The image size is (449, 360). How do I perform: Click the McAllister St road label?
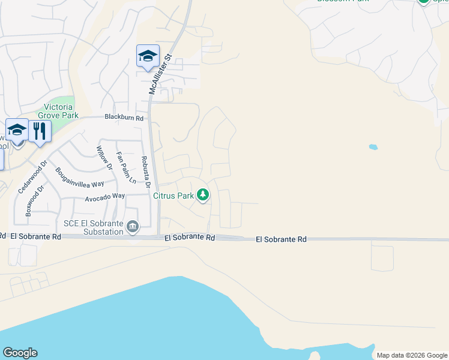click(160, 74)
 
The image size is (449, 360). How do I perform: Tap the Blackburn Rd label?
click(124, 118)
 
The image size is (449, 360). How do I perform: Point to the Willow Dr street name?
click(104, 157)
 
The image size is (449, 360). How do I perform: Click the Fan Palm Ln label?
click(126, 167)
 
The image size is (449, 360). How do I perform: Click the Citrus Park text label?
click(173, 196)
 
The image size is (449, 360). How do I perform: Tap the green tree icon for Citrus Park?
click(203, 194)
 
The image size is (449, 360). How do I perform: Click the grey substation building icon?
click(133, 227)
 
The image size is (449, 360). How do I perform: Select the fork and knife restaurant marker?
click(40, 131)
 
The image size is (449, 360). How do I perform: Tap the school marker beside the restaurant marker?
click(17, 130)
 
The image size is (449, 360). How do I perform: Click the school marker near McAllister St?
click(148, 56)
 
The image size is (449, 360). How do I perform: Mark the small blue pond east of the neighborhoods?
click(373, 146)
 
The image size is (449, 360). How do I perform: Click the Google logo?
click(20, 353)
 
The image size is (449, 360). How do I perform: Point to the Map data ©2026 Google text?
click(412, 355)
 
